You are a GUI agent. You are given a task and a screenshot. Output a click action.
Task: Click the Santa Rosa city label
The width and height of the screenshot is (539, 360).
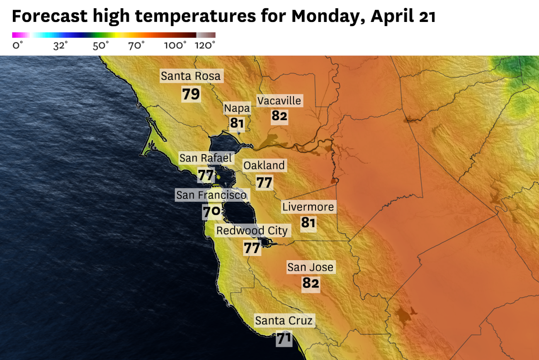click(x=191, y=76)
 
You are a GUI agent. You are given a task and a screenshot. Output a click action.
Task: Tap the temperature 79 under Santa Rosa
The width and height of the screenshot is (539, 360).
click(x=191, y=94)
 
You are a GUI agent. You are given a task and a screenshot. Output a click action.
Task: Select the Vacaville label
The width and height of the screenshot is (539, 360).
click(x=279, y=101)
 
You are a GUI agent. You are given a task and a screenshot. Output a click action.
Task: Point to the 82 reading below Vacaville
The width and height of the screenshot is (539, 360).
click(x=279, y=116)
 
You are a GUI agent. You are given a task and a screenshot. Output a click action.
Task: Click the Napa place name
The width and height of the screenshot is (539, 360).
click(x=237, y=109)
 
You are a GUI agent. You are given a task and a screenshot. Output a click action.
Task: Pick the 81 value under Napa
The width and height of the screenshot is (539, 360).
click(x=237, y=123)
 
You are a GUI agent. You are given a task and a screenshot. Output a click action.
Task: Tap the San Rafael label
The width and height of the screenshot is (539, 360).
click(x=206, y=158)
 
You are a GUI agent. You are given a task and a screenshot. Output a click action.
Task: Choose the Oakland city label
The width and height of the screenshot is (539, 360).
click(x=264, y=166)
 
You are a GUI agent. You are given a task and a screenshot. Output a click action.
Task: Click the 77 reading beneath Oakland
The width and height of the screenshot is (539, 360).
click(x=264, y=182)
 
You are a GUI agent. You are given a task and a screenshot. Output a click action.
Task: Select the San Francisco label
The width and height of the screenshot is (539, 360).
click(x=211, y=195)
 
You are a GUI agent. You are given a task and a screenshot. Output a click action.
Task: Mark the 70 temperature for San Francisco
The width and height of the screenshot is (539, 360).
click(x=211, y=212)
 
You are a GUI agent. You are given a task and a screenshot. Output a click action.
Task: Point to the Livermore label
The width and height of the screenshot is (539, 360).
click(x=308, y=207)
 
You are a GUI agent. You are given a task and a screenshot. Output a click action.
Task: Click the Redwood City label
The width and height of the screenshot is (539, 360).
click(x=252, y=231)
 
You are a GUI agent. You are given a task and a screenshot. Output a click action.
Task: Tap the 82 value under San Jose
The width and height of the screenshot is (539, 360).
click(x=311, y=283)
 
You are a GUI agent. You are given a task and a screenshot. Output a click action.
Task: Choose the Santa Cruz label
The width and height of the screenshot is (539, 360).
click(x=284, y=321)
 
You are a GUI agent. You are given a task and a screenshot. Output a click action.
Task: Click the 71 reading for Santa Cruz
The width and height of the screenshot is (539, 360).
click(x=284, y=338)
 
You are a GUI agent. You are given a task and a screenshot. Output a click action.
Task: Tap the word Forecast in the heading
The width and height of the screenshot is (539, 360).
click(x=50, y=16)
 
